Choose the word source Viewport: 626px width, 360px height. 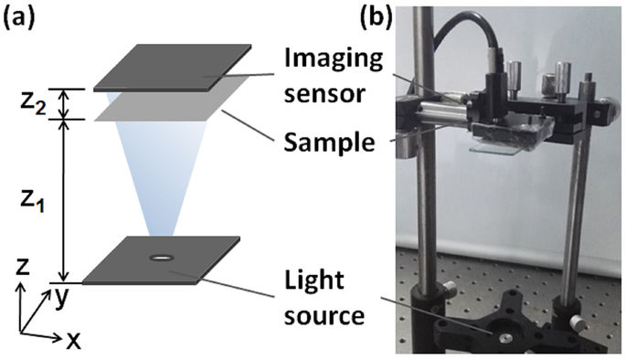pyautogui.click(x=320, y=317)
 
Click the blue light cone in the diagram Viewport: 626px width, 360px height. pyautogui.click(x=163, y=183)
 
